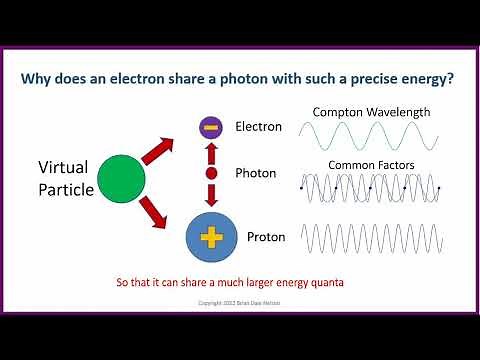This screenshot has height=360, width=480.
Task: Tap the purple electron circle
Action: (210, 127)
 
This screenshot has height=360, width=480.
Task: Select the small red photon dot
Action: (210, 173)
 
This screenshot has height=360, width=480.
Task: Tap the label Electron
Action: (259, 127)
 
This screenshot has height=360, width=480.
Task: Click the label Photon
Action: (256, 173)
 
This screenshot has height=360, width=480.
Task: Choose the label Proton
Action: (257, 239)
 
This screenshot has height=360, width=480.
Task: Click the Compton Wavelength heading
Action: (371, 112)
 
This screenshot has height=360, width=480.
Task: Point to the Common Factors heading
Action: (371, 165)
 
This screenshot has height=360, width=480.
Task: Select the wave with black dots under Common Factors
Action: (371, 188)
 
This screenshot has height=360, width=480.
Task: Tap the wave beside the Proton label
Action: (371, 239)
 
